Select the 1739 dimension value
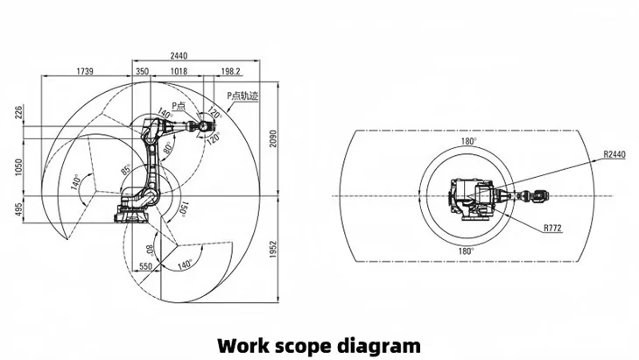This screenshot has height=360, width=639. coord(86,70)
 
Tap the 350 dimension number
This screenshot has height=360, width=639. coord(141,70)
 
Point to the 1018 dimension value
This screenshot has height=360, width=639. coord(178,70)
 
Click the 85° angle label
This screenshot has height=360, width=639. coord(125,168)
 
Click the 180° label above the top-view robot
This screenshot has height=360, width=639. coord(470,141)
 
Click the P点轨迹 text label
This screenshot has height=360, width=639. coord(242,96)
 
